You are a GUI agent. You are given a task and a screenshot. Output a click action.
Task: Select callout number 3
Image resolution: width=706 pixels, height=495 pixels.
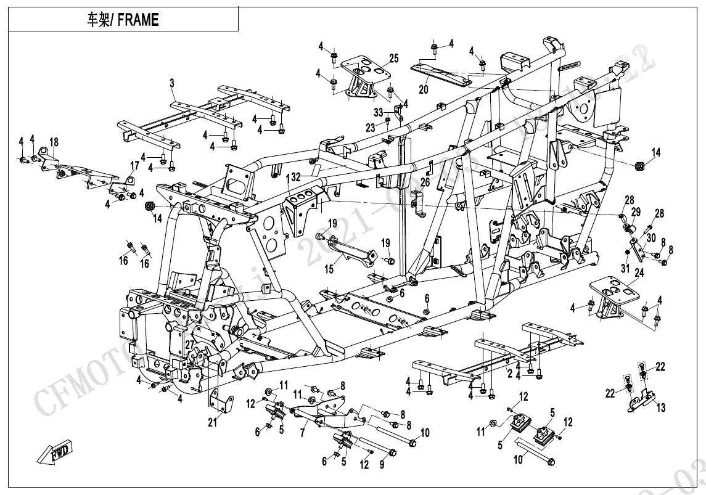[172, 83]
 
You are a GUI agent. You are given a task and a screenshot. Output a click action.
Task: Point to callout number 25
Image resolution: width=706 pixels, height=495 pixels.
[394, 59]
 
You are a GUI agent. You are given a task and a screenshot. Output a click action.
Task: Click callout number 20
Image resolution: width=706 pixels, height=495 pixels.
[423, 89]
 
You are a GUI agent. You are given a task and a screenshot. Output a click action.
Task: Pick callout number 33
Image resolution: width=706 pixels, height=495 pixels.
[378, 112]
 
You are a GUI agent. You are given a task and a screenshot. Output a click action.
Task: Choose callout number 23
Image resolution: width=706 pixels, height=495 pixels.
[370, 128]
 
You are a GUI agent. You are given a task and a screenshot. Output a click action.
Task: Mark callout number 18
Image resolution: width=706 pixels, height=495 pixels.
[54, 142]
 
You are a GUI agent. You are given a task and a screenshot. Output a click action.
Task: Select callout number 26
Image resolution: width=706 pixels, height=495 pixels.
[425, 182]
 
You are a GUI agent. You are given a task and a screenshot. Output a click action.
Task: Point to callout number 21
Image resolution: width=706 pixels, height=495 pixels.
[213, 422]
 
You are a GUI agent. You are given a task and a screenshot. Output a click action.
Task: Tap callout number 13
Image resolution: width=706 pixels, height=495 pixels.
[661, 408]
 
